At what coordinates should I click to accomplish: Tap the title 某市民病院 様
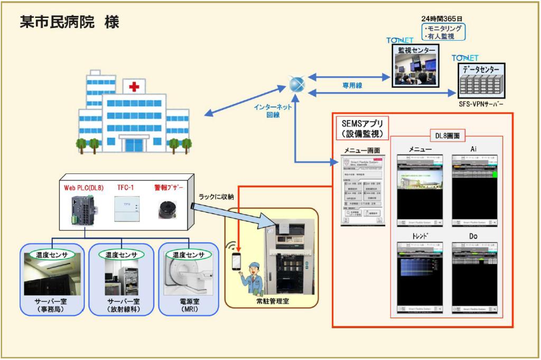tap(69, 22)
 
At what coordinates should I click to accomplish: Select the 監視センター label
tap(417, 50)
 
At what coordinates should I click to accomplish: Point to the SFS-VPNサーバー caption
tap(480, 104)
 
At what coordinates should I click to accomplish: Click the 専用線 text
tap(351, 85)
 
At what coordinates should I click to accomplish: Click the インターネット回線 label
tap(273, 110)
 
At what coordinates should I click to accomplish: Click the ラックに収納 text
tap(217, 197)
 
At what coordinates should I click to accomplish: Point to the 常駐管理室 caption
tap(272, 301)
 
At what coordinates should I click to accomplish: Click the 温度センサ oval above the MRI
tap(189, 254)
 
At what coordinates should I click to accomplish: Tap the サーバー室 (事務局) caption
tap(51, 305)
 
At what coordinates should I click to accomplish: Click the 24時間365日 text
tap(443, 19)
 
